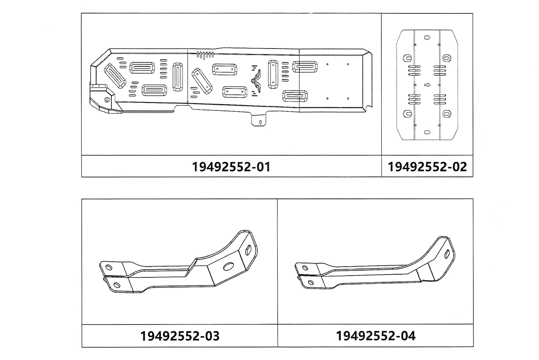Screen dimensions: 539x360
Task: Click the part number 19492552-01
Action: pyautogui.click(x=231, y=167)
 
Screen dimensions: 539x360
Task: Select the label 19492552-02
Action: pyautogui.click(x=427, y=167)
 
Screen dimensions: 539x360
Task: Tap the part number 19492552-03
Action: pyautogui.click(x=180, y=336)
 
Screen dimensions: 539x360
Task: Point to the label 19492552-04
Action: pyautogui.click(x=376, y=336)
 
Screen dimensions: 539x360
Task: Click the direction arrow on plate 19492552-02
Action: pyautogui.click(x=427, y=85)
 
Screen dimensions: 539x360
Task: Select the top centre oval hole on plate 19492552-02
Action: pyautogui.click(x=427, y=38)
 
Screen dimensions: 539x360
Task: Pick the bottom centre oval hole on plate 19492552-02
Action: pyautogui.click(x=427, y=132)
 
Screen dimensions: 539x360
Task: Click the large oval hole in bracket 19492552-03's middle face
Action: pyautogui.click(x=229, y=266)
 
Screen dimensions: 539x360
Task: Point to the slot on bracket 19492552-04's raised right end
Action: pyautogui.click(x=447, y=254)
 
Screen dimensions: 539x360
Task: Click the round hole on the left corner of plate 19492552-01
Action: pyautogui.click(x=107, y=99)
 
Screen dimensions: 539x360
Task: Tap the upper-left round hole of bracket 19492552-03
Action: pyautogui.click(x=109, y=267)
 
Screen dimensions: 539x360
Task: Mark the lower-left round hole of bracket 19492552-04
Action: pyautogui.click(x=311, y=283)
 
